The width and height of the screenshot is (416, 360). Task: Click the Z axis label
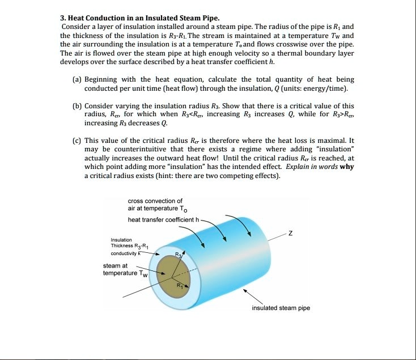tap(291, 234)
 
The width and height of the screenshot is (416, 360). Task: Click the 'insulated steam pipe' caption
tap(281, 308)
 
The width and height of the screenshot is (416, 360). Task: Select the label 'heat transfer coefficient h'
tap(163, 220)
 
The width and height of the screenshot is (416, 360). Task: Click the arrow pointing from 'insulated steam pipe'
tap(252, 296)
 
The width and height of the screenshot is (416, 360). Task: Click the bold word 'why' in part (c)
tap(347, 167)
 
